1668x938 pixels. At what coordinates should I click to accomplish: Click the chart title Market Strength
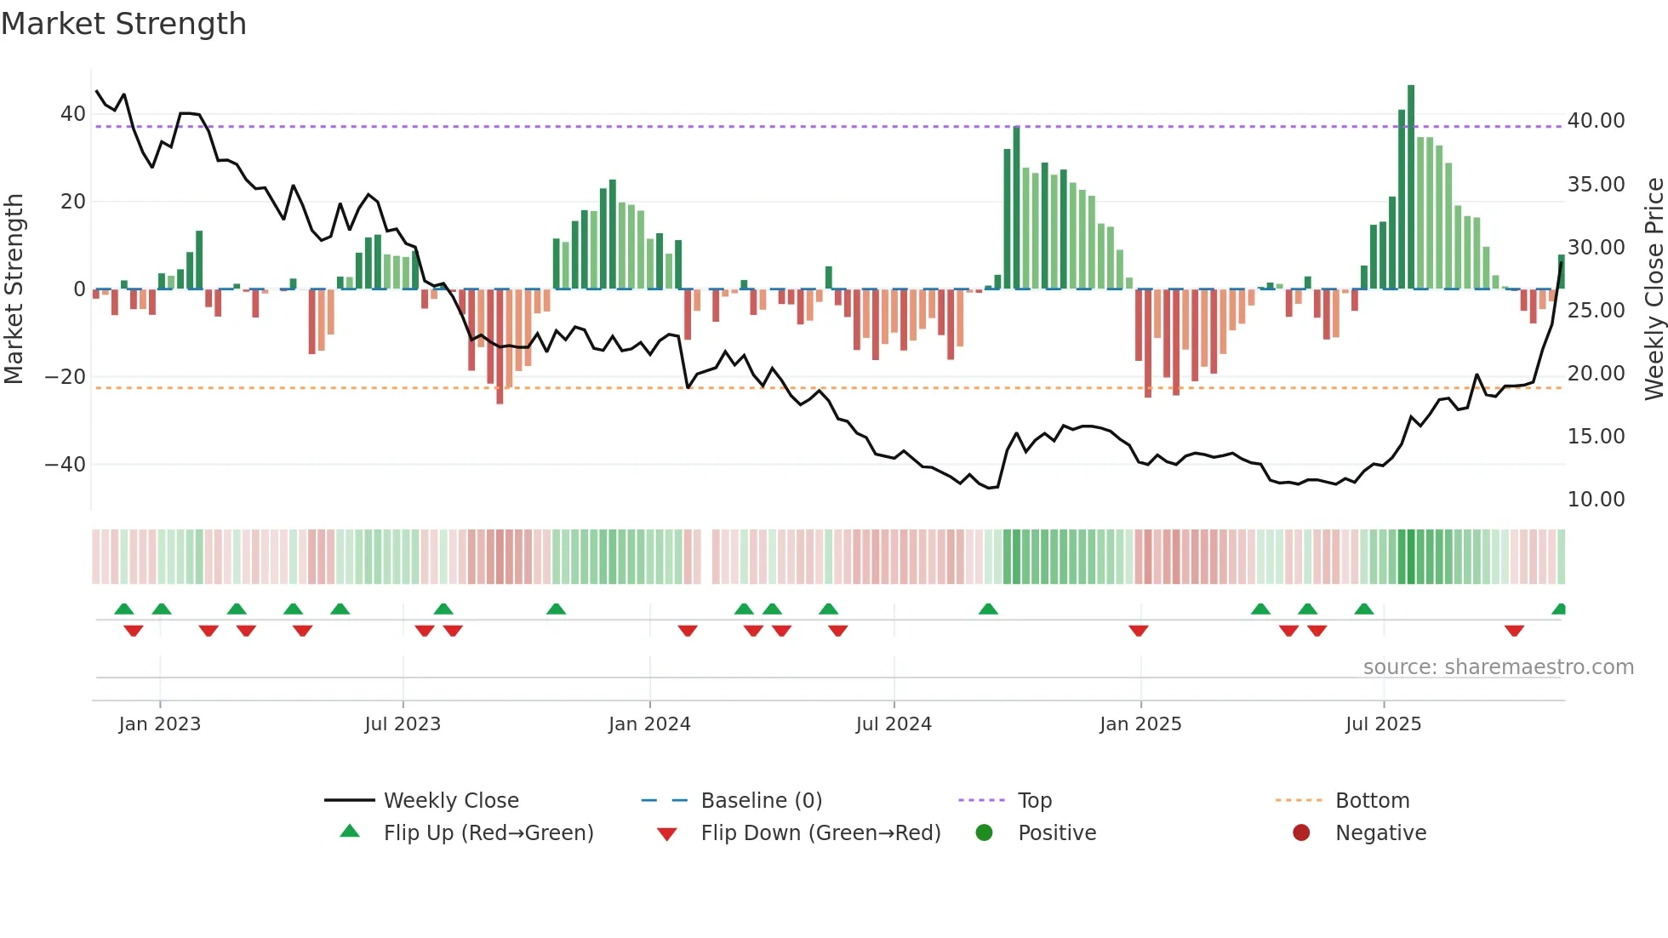tap(124, 24)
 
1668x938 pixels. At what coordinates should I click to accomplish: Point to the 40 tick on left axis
tap(73, 114)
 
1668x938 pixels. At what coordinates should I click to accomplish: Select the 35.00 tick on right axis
tap(1596, 185)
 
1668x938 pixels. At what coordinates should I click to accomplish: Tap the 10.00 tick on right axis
tap(1596, 500)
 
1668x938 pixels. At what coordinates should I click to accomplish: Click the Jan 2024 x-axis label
tap(649, 724)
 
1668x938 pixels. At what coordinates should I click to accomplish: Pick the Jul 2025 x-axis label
tap(1383, 724)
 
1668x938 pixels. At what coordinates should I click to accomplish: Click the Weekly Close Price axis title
tap(1654, 289)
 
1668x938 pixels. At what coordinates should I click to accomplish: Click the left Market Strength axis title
tap(14, 289)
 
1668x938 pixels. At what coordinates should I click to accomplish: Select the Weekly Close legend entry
tap(451, 801)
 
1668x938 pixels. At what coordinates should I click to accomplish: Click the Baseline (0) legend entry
tap(761, 801)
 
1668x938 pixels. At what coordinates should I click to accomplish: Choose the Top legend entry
tap(1035, 801)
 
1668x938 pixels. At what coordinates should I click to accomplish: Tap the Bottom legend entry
tap(1372, 801)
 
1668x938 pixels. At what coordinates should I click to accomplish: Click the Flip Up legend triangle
tap(350, 832)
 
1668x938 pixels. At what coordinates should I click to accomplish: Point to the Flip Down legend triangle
tap(667, 834)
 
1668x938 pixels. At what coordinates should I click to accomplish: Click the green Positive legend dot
tap(985, 833)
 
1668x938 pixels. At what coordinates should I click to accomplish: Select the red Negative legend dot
tap(1301, 833)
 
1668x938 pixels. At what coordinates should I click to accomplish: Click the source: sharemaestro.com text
tap(1498, 667)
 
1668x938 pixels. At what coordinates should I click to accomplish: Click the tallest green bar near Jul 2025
tap(1411, 187)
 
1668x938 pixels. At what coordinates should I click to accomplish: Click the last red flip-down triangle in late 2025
tap(1514, 631)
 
